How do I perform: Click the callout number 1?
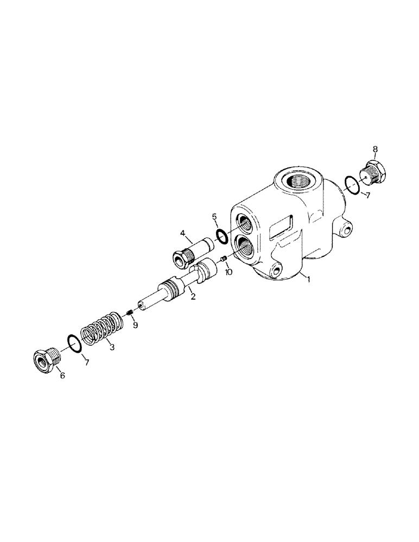point(309,280)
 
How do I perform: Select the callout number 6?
point(62,375)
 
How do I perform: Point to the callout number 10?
point(228,272)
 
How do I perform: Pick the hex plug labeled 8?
point(373,172)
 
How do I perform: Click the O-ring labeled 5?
point(221,235)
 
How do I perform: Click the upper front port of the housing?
point(243,222)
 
